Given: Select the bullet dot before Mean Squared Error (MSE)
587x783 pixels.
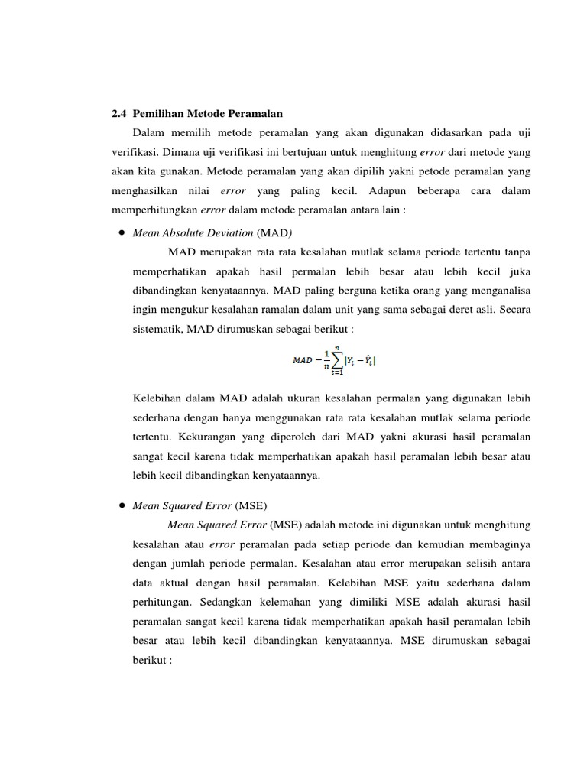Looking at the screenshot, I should tap(122, 505).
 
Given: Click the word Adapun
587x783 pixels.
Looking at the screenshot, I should tap(388, 190).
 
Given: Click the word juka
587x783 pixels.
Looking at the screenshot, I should tap(518, 270).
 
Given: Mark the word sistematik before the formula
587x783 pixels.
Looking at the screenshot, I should tap(158, 329).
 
